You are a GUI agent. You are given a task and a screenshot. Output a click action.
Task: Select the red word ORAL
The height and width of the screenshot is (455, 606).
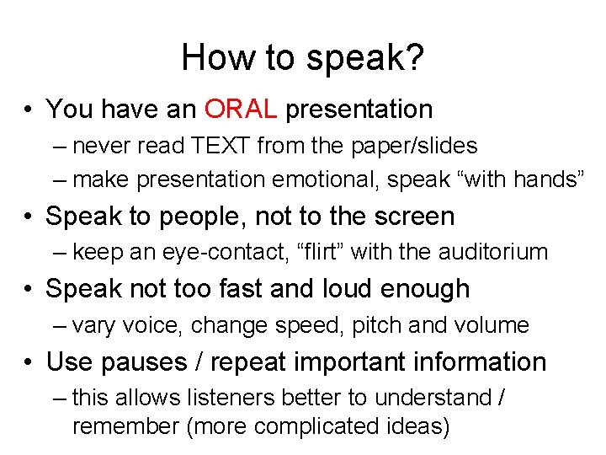(240, 109)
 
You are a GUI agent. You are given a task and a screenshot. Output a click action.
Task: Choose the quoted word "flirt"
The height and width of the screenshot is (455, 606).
(324, 252)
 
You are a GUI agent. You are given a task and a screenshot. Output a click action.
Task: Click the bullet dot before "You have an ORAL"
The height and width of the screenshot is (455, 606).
(29, 110)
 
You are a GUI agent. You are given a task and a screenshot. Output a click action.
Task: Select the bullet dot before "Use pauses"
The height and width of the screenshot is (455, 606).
(29, 362)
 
